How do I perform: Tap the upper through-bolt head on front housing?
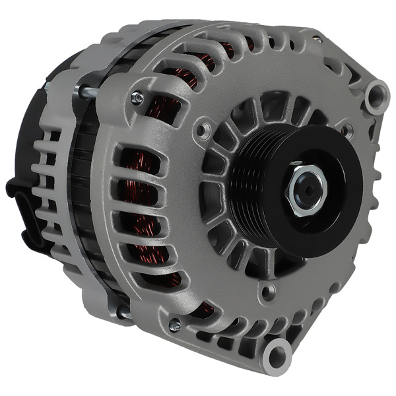[x=137, y=98]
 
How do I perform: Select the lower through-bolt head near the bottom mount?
[x=174, y=325]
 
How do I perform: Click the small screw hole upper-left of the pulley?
[x=205, y=130]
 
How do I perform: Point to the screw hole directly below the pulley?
[x=267, y=288]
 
